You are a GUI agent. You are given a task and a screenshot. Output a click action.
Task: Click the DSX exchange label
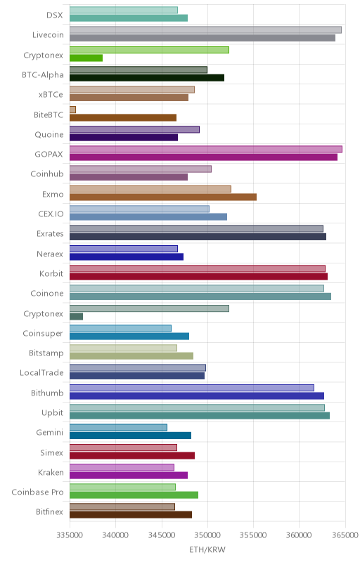pyautogui.click(x=55, y=15)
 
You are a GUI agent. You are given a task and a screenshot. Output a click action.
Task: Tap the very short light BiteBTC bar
pyautogui.click(x=72, y=110)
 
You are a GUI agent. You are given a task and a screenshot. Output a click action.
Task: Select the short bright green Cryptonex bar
pyautogui.click(x=86, y=58)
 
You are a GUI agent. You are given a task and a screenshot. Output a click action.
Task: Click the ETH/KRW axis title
pyautogui.click(x=207, y=550)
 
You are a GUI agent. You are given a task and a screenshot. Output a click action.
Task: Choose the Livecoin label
pyautogui.click(x=48, y=34)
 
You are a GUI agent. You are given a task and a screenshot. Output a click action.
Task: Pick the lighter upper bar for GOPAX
pyautogui.click(x=206, y=149)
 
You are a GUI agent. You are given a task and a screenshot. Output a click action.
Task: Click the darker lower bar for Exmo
pyautogui.click(x=163, y=197)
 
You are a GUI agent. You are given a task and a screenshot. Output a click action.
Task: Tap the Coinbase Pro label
pyautogui.click(x=38, y=492)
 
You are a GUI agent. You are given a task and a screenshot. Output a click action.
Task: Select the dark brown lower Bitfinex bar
pyautogui.click(x=131, y=515)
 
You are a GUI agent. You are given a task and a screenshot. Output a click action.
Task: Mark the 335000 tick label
pyautogui.click(x=70, y=535)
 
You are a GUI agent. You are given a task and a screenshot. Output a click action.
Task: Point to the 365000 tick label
pyautogui.click(x=345, y=535)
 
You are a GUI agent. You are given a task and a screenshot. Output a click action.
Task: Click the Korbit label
pyautogui.click(x=51, y=273)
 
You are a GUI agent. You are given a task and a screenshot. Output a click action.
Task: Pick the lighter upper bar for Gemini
pyautogui.click(x=118, y=428)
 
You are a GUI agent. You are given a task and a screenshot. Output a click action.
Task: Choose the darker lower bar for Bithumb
pyautogui.click(x=197, y=396)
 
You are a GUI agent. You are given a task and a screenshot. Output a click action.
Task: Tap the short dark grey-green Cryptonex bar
pyautogui.click(x=76, y=317)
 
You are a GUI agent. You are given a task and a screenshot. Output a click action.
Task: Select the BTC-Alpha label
pyautogui.click(x=43, y=75)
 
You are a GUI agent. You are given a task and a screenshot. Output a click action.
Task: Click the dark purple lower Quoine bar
pyautogui.click(x=124, y=138)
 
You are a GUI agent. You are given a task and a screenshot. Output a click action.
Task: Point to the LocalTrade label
pyautogui.click(x=41, y=373)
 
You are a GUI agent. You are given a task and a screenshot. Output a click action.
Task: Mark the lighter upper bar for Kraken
pyautogui.click(x=122, y=467)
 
